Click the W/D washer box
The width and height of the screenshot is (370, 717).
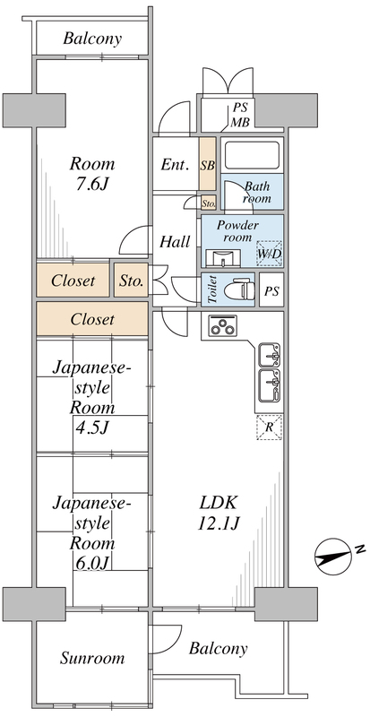(x=269, y=254)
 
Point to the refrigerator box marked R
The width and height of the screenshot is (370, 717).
(x=270, y=428)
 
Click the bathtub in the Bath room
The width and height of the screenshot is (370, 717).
(x=252, y=155)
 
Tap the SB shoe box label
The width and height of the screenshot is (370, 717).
(x=207, y=165)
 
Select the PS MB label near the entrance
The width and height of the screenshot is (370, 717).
(x=240, y=115)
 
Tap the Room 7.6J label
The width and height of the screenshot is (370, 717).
(x=92, y=175)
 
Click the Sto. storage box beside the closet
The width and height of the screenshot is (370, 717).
(x=131, y=281)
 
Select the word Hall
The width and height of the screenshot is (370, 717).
(x=174, y=241)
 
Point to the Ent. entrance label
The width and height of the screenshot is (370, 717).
(x=173, y=165)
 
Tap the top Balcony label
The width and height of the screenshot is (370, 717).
(x=92, y=39)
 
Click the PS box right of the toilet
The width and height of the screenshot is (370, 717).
(x=271, y=291)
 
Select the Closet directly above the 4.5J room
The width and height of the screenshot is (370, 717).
(x=91, y=318)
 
